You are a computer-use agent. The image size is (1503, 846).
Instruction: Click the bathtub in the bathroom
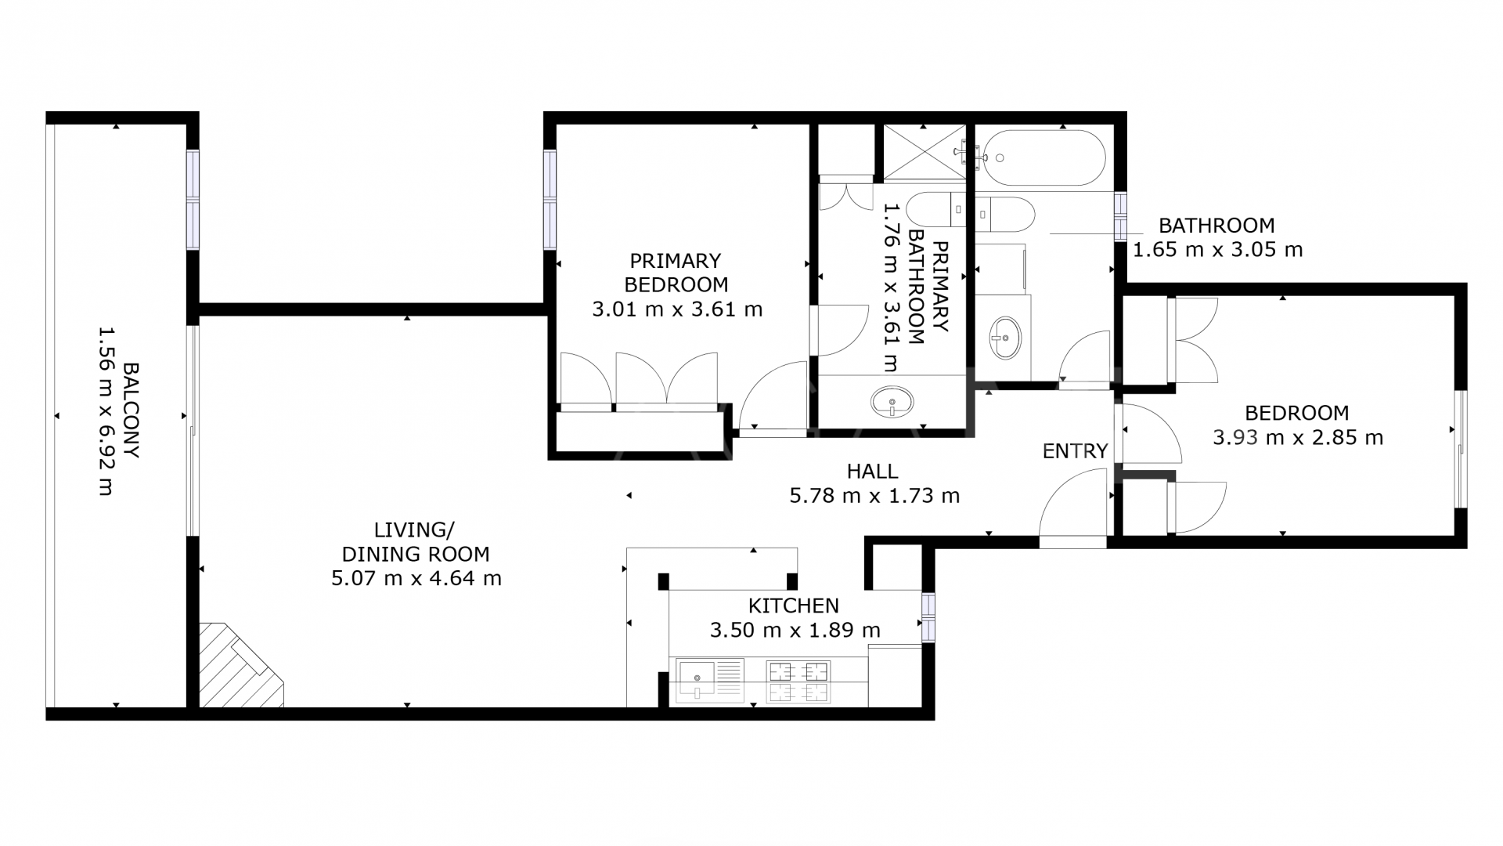click(1044, 157)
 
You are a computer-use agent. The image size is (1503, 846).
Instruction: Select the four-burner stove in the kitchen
click(798, 682)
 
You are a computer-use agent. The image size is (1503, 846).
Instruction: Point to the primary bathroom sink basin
click(892, 402)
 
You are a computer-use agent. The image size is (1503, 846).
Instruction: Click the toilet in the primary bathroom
click(935, 210)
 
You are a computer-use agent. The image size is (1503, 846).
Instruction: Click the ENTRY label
click(1075, 451)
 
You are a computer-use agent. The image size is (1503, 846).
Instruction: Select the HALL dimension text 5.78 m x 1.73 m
click(874, 496)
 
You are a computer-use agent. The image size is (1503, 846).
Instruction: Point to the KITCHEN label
click(793, 606)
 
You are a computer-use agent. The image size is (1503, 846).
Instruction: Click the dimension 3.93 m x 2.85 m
click(1297, 438)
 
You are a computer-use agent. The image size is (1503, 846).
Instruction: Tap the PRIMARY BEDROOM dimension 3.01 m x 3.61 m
click(677, 309)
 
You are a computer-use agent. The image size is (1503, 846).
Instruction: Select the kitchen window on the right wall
click(928, 617)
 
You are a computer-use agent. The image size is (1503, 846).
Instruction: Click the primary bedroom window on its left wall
click(550, 200)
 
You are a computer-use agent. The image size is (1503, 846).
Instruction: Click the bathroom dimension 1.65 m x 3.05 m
click(1217, 250)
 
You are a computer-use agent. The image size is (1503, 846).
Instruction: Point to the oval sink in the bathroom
click(1005, 338)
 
